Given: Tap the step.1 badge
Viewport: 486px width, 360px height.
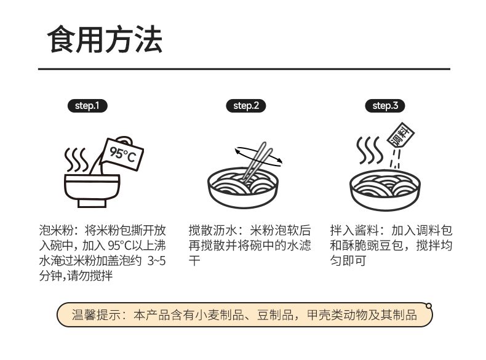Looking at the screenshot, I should (87, 106).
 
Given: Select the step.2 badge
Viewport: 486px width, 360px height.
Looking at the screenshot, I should (245, 106).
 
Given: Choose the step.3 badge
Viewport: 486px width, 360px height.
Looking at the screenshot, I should (385, 106).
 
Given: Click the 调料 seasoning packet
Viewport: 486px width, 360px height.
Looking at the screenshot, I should (402, 138).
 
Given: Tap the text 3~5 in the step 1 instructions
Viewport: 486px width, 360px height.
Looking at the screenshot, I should (156, 261).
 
